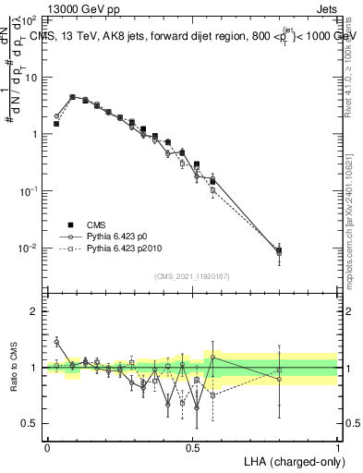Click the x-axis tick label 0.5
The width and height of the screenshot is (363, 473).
(x=192, y=446)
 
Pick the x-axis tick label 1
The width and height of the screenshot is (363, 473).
(x=338, y=446)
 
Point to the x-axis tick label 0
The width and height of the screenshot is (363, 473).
(x=47, y=446)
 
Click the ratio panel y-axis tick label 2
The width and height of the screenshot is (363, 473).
(x=35, y=311)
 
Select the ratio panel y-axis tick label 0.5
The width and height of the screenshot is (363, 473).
(x=31, y=423)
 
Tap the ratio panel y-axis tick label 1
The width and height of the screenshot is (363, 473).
(x=35, y=368)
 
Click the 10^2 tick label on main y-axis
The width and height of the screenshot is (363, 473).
(x=30, y=19)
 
